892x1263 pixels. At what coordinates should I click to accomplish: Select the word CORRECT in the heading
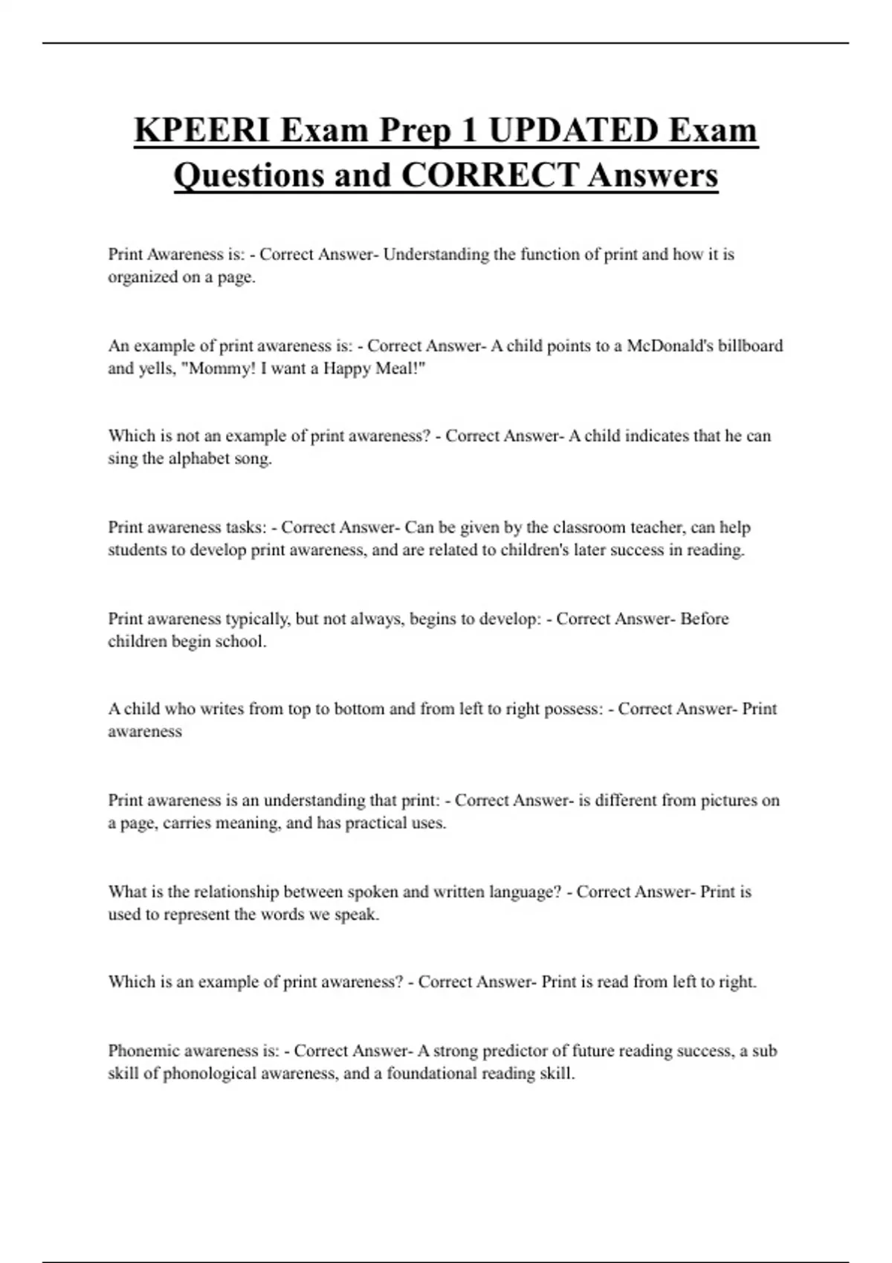click(x=489, y=175)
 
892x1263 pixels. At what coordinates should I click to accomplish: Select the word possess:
click(x=574, y=709)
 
